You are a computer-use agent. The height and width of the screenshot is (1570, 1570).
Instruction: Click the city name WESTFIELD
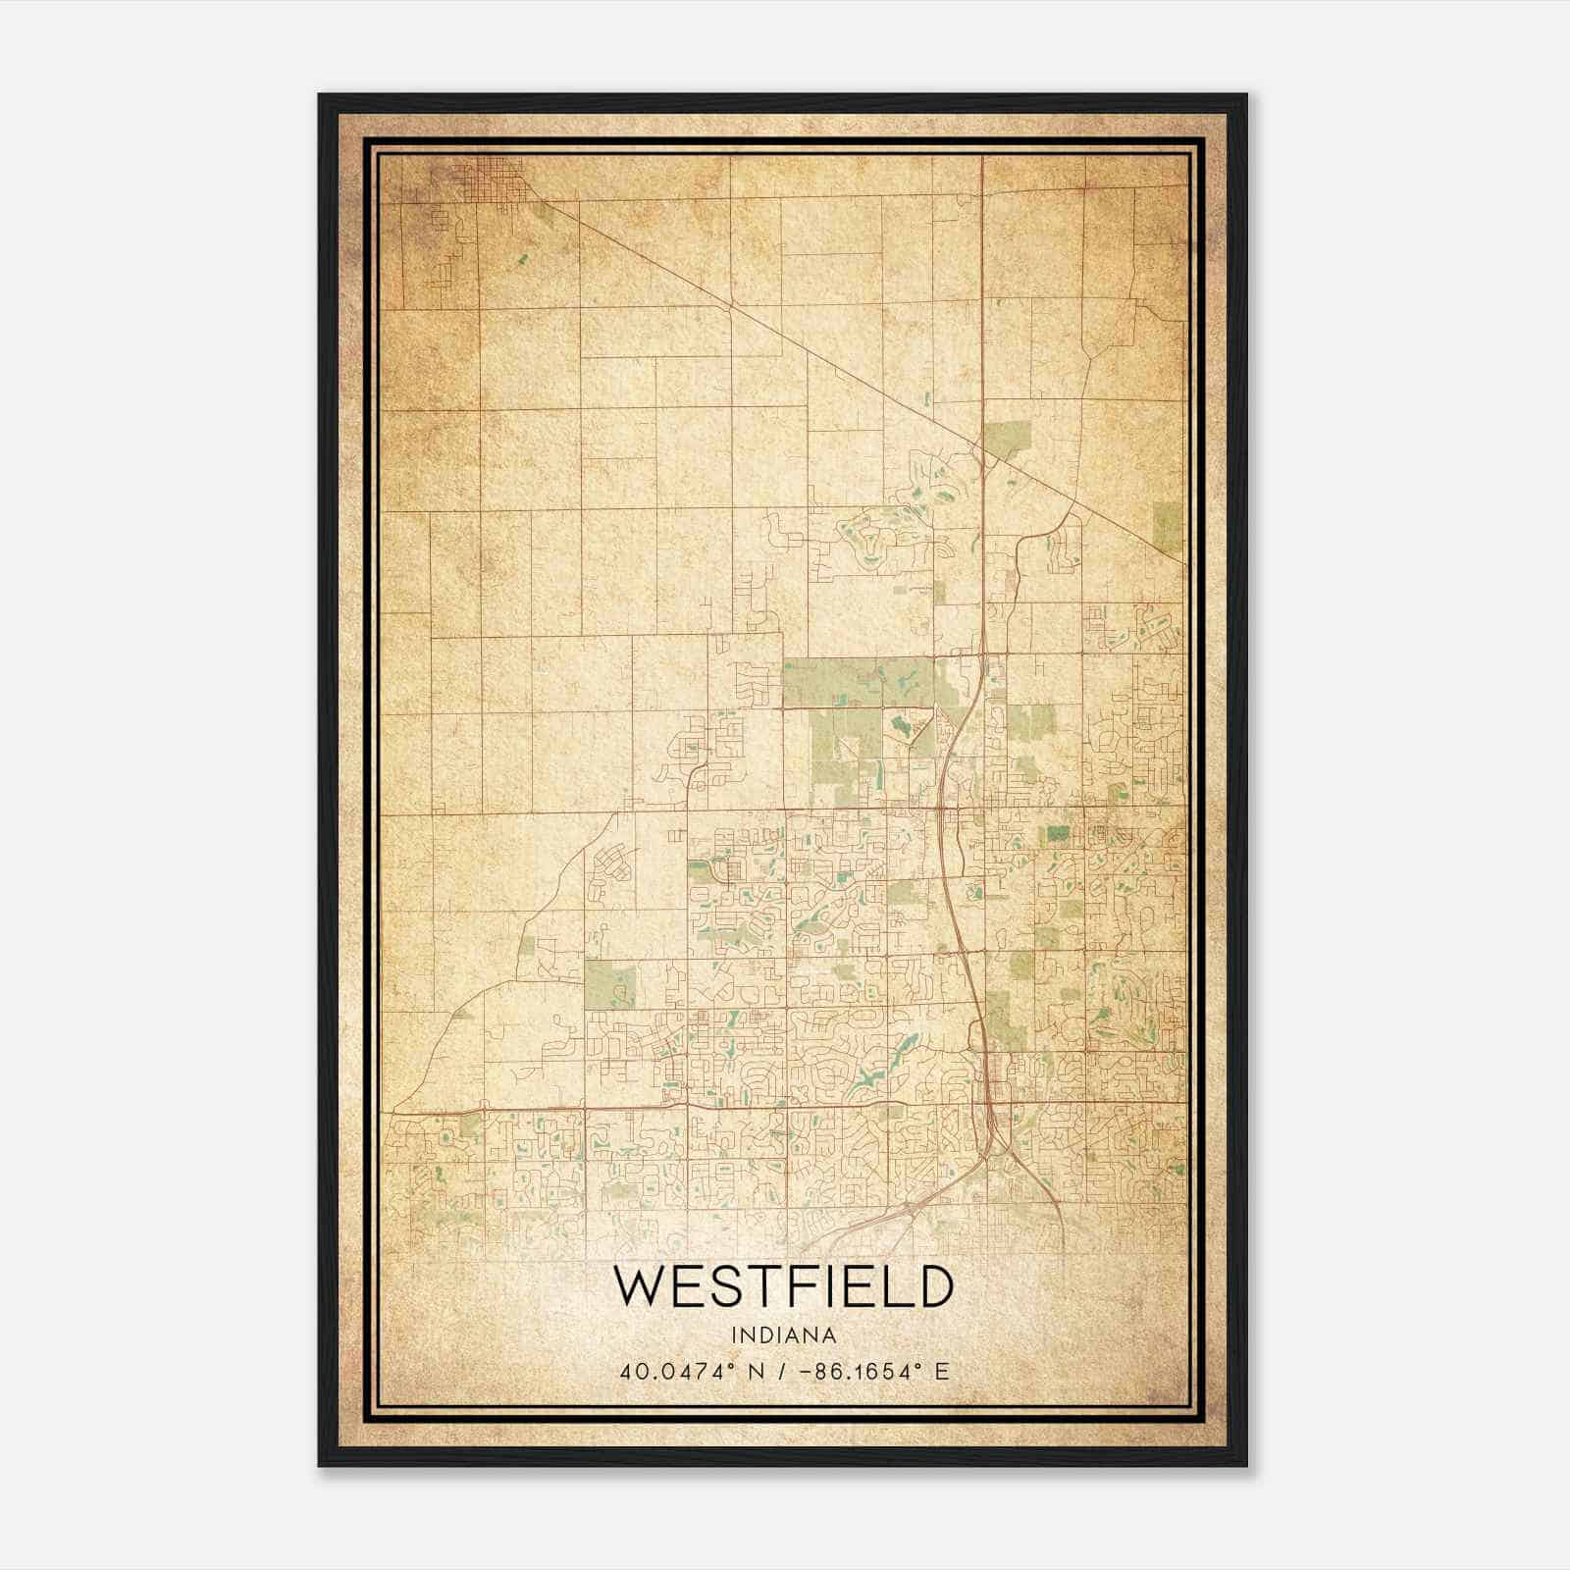[783, 1286]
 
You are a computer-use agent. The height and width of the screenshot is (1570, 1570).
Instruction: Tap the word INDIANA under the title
[783, 1335]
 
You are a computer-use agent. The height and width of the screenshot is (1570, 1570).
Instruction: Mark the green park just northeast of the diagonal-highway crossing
[1008, 441]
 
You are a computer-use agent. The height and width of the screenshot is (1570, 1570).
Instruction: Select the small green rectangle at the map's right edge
[1168, 527]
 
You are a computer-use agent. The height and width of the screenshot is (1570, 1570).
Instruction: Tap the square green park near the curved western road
[609, 984]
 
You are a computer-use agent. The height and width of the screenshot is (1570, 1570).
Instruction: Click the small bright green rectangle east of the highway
[1058, 834]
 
